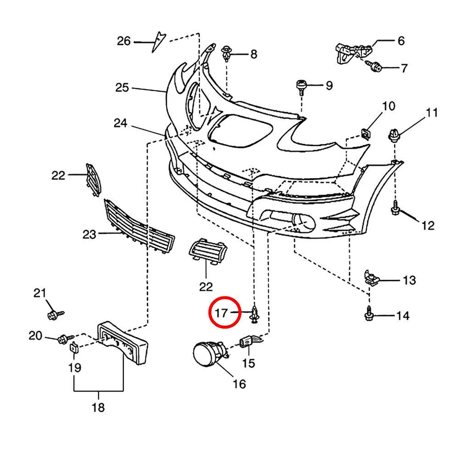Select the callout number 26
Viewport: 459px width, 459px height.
pyautogui.click(x=124, y=42)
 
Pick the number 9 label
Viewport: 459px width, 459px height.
pyautogui.click(x=329, y=86)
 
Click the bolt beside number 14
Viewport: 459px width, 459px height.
pyautogui.click(x=369, y=314)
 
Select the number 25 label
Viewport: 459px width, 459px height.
pyautogui.click(x=122, y=87)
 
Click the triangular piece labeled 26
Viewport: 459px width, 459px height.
pyautogui.click(x=158, y=41)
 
